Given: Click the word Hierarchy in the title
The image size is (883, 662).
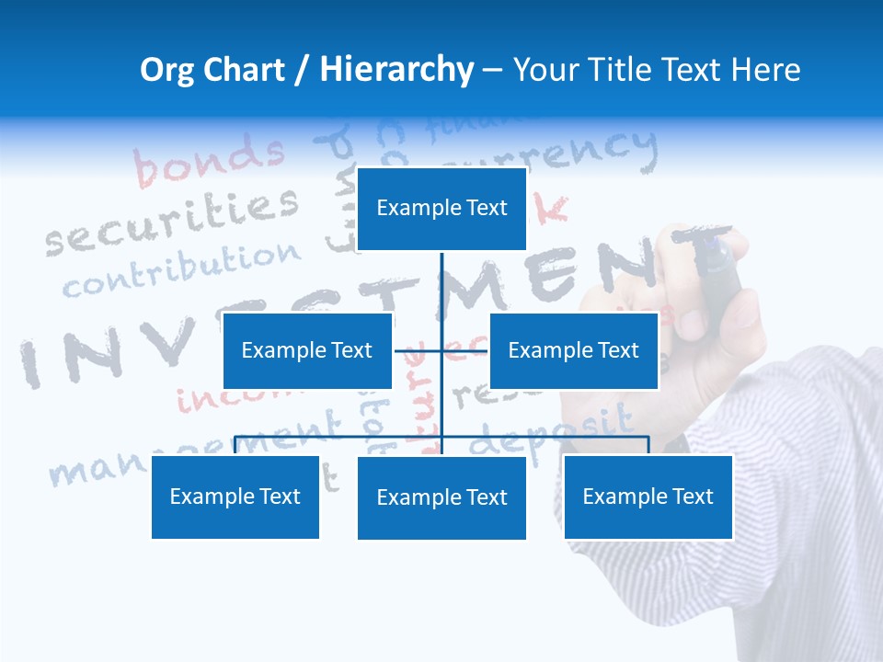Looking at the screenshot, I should [396, 70].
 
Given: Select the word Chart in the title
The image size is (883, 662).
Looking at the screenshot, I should [247, 70].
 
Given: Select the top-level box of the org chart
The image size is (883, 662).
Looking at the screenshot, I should [441, 209].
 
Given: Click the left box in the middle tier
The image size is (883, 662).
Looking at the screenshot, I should [307, 350].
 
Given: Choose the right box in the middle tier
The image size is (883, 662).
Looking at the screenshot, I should [573, 350].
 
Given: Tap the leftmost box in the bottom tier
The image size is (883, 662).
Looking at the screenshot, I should [235, 496].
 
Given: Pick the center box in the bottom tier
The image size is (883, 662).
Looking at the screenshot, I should [441, 497].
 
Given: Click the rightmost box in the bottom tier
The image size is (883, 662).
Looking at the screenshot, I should [648, 496].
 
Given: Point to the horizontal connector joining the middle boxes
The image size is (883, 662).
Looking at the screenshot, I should [441, 350].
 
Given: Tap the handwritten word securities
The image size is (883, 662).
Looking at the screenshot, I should [173, 222].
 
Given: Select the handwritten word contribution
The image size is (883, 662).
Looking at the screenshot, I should [181, 271].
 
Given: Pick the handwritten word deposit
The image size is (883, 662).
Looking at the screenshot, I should [552, 432].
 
